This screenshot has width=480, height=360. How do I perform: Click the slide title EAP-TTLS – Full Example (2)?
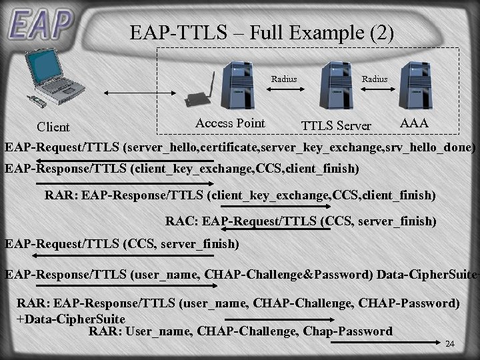point(262,32)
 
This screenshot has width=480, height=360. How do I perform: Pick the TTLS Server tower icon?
point(337,86)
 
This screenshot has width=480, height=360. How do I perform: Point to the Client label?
point(53,127)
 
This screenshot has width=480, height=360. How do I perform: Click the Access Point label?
point(230,123)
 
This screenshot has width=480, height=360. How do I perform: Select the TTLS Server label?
point(336,126)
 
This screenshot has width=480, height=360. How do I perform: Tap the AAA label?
point(413,123)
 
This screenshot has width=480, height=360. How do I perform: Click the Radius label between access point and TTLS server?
point(284,79)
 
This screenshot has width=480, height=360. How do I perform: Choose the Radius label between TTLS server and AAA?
point(374,79)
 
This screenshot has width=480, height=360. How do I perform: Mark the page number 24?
point(449,344)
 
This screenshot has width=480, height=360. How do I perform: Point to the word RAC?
point(179,220)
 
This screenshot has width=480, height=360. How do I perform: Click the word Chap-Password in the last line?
point(348,331)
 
